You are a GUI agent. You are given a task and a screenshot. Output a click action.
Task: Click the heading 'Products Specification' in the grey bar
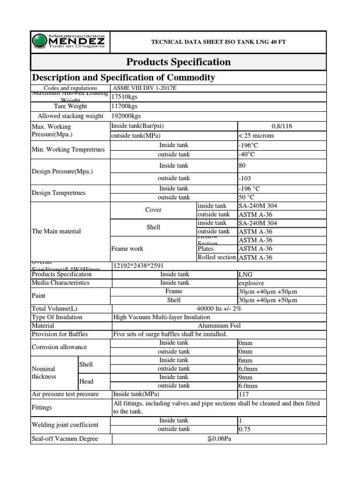[178, 62]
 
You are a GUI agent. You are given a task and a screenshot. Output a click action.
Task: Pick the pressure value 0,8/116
[282, 126]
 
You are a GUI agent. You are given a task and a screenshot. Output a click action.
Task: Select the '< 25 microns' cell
[257, 136]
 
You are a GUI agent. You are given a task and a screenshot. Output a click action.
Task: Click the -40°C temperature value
[248, 155]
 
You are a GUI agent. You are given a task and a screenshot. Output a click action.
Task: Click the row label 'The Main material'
[56, 231]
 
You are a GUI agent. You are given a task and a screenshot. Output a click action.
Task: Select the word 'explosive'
[251, 283]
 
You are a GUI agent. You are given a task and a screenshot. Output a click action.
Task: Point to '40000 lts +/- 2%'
[218, 309]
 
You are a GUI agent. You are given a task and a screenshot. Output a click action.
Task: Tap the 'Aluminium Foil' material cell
[218, 326]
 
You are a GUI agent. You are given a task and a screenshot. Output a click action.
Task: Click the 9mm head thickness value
[246, 377]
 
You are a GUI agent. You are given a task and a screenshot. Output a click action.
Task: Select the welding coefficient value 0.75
[245, 429]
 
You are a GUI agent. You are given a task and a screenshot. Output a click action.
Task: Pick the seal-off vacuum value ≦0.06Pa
[218, 439]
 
